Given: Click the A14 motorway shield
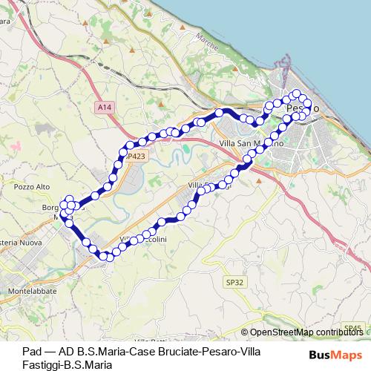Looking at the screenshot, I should [105, 108].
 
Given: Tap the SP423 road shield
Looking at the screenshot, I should [136, 157].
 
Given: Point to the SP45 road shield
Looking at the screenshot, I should [353, 327].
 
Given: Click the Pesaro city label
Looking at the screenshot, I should [302, 108].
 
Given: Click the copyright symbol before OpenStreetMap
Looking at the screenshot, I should [245, 332].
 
